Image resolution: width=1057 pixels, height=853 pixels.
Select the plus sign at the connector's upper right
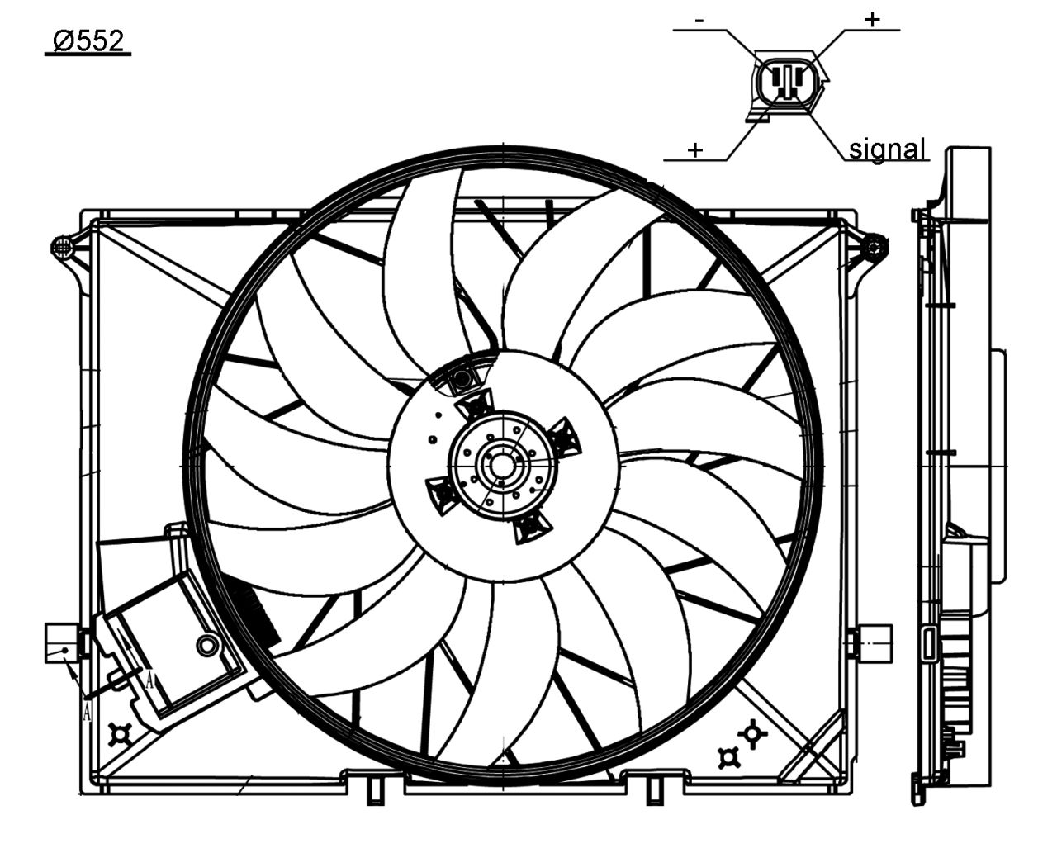tap(873, 19)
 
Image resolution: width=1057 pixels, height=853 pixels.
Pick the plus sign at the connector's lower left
tap(695, 149)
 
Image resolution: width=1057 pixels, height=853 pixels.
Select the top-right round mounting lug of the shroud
tap(875, 245)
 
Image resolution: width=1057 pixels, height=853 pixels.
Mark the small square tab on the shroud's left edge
tap(60, 642)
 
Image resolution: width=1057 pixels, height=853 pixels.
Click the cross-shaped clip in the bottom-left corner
tap(121, 732)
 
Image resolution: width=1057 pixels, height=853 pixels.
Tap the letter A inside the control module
tap(149, 680)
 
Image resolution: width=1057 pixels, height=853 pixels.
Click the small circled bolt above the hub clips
tap(460, 379)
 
